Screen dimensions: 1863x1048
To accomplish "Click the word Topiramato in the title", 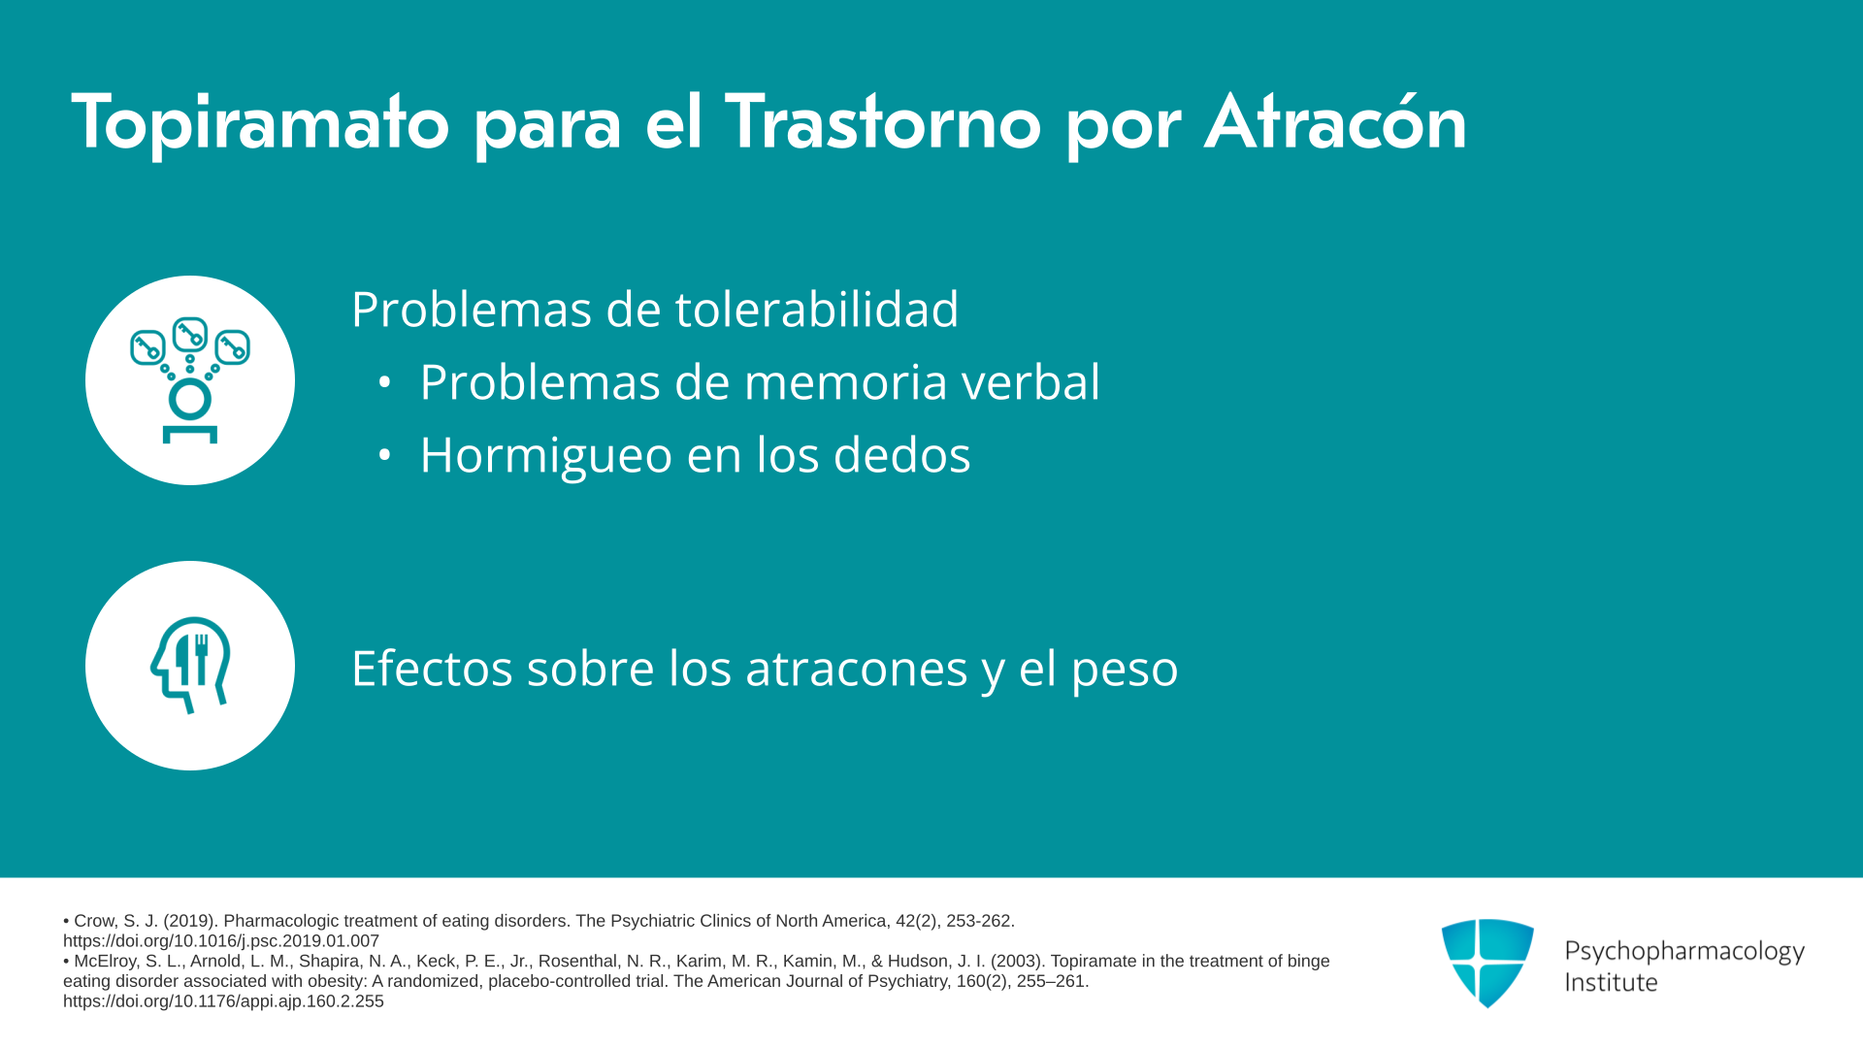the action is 260,123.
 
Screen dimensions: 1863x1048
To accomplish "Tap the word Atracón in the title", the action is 1335,121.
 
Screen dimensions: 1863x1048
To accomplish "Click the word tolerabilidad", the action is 817,309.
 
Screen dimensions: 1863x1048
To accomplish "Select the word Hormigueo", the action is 546,455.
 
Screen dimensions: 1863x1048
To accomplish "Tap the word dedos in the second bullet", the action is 901,454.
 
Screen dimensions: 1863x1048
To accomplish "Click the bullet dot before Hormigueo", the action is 385,455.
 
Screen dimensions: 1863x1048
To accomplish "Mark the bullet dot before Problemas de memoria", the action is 385,382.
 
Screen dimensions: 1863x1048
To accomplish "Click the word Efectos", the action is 432,668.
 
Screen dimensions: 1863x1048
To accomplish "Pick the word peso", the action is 1125,670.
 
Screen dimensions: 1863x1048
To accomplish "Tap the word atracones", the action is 857,669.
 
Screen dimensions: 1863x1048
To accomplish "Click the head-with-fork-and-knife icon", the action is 190,666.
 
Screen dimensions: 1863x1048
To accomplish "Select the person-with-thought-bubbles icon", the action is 190,380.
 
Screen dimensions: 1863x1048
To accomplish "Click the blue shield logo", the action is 1487,963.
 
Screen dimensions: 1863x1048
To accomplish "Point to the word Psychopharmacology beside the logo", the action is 1684,952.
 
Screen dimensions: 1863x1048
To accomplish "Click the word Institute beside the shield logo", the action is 1611,982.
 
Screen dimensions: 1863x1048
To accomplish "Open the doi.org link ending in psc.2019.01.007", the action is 221,941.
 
